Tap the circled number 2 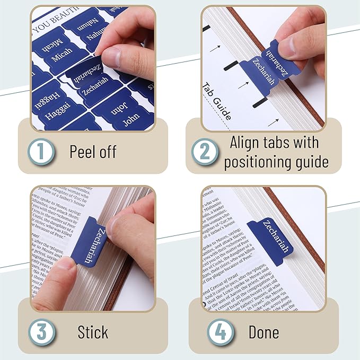coord(205,152)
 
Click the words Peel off coord(93,152)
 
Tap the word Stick coord(93,332)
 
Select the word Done coord(264,332)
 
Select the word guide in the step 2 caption coord(311,161)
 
